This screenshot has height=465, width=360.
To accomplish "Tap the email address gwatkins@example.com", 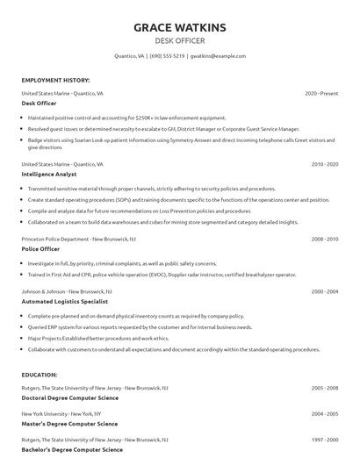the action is pos(218,55).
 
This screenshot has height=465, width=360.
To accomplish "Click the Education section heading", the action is pos(40,375).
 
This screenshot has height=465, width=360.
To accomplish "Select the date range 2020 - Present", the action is pos(321,92).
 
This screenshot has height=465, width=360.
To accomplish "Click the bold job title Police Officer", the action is pos(40,248).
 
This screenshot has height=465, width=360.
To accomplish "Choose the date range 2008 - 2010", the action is pos(325,238).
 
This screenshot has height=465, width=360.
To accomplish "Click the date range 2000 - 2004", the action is pos(325,290).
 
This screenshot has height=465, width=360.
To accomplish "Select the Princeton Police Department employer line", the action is pos(78,238).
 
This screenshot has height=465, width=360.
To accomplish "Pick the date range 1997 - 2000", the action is pos(325,439).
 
